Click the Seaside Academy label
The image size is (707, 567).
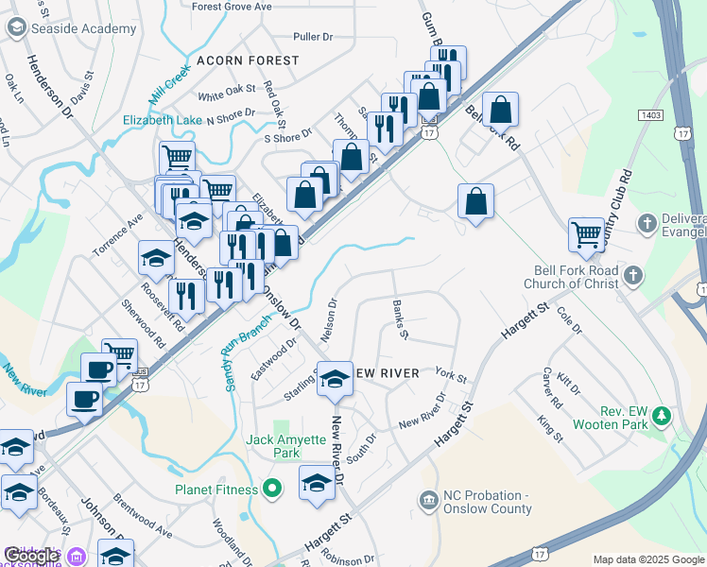tap(83, 28)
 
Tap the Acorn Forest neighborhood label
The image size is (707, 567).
tap(248, 60)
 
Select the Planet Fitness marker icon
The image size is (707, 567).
tap(272, 490)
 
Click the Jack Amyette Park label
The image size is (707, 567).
tap(285, 446)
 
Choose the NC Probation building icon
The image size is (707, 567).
tap(428, 498)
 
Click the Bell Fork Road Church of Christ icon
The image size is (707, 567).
tap(634, 276)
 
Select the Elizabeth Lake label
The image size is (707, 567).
tap(163, 120)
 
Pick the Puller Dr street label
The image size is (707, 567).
tap(314, 37)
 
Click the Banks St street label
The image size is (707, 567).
tap(400, 318)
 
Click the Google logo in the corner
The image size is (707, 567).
tap(31, 556)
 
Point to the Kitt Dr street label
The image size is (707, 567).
tap(569, 384)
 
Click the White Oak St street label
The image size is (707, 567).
tap(227, 93)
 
